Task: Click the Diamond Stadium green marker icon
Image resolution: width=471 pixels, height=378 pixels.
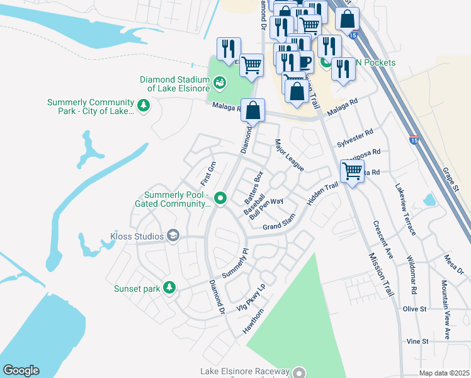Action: [x=220, y=82]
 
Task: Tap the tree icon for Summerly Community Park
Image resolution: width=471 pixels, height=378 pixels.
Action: [x=144, y=106]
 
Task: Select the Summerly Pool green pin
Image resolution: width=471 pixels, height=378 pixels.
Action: [x=220, y=198]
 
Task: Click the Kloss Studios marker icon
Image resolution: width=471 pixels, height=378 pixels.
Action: [x=173, y=236]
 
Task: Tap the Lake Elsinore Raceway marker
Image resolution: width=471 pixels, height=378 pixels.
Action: [x=300, y=373]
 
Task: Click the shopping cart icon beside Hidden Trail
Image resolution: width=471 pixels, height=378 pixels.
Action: [x=352, y=171]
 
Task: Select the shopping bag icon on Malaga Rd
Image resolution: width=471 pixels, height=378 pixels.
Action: [x=253, y=111]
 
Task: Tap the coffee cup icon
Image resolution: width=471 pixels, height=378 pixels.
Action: [x=305, y=62]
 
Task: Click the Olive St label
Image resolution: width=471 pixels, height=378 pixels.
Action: [x=415, y=309]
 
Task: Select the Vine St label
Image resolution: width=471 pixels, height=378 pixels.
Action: [x=417, y=341]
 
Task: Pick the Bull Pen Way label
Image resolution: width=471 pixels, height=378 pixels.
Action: [x=266, y=208]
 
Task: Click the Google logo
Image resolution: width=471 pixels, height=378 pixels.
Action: [x=21, y=370]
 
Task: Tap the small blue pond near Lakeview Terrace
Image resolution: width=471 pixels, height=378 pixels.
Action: [x=429, y=200]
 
